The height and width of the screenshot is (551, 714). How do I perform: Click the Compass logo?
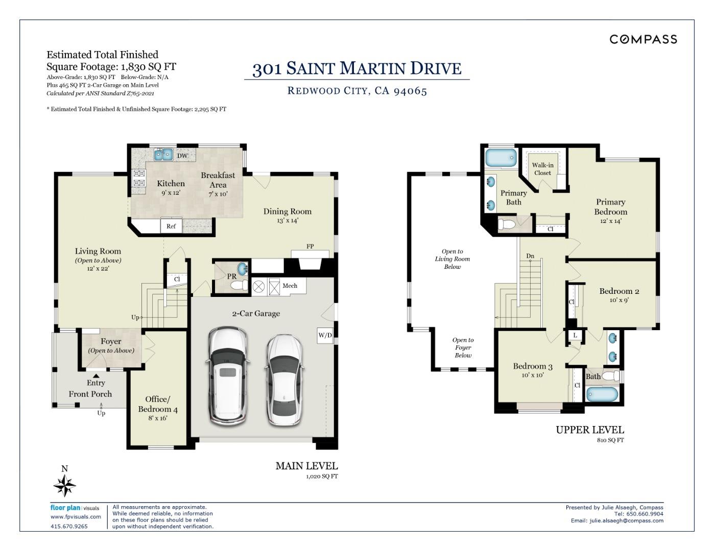click(643, 39)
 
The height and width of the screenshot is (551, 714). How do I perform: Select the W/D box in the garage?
click(325, 335)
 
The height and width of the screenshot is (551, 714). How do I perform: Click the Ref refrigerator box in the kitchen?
click(171, 226)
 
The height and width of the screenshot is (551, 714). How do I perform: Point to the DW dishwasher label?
click(182, 156)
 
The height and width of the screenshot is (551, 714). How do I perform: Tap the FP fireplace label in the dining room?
click(310, 246)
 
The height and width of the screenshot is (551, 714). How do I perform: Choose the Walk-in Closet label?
click(542, 169)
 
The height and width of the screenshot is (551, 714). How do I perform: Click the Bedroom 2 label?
click(619, 291)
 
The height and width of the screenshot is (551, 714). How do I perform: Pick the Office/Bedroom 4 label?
click(158, 404)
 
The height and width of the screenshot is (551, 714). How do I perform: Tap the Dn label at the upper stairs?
click(530, 256)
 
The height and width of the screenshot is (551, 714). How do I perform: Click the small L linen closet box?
click(575, 335)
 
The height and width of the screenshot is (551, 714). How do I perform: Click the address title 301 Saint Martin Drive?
click(356, 68)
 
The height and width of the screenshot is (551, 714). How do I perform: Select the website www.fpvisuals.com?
click(76, 517)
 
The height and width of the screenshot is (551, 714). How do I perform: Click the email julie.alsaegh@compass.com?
click(626, 521)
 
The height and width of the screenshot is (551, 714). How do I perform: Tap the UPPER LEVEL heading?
click(589, 430)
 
